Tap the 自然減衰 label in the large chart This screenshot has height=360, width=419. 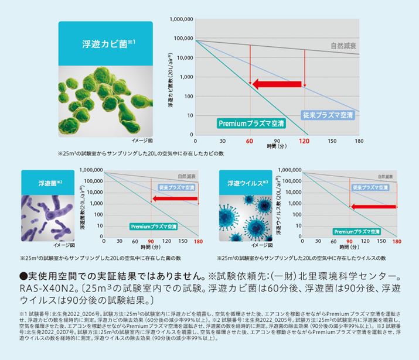coord(343,45)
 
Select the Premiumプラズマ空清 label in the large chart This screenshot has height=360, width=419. coord(251,124)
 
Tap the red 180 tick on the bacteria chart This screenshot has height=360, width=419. coord(198,241)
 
